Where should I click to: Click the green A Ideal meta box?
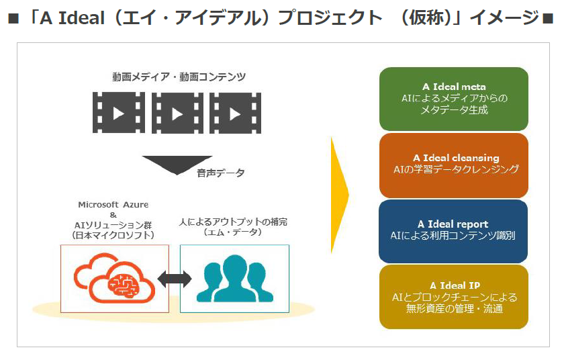coord(454,99)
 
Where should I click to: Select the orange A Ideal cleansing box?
coord(454,165)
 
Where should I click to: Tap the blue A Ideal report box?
coord(454,230)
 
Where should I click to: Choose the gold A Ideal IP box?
coord(454,297)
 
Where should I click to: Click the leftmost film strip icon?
coord(119,113)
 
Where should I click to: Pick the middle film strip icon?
coord(177,113)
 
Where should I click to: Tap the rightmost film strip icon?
coord(235,113)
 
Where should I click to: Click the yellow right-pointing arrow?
coord(340,195)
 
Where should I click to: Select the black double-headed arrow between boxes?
coord(174,277)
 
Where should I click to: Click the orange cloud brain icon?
coord(115,279)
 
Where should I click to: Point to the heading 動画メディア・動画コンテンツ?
coord(177,77)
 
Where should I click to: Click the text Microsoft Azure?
coord(113,204)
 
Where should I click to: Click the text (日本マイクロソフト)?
coord(113,234)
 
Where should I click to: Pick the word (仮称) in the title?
coord(426,17)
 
